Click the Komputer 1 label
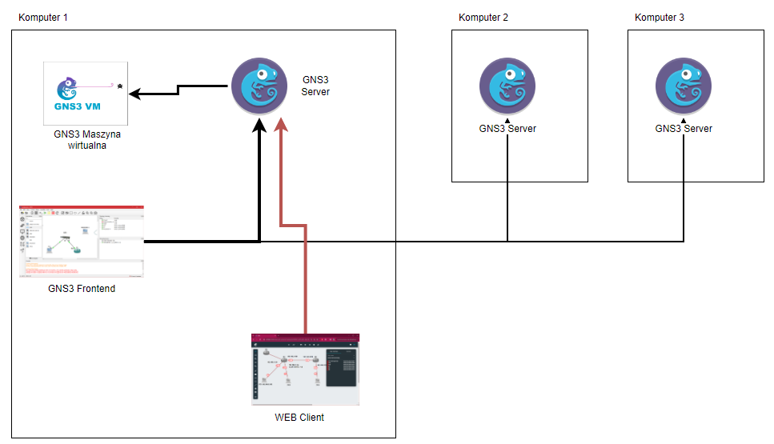pyautogui.click(x=42, y=17)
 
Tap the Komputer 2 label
pyautogui.click(x=483, y=17)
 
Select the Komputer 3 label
pyautogui.click(x=660, y=17)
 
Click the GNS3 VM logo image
pyautogui.click(x=86, y=93)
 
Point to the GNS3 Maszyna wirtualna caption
pyautogui.click(x=87, y=140)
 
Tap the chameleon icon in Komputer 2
pyautogui.click(x=507, y=86)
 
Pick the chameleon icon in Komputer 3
pyautogui.click(x=684, y=86)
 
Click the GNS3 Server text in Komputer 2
pyautogui.click(x=507, y=128)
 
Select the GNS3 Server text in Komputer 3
pyautogui.click(x=684, y=128)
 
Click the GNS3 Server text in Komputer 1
pyautogui.click(x=315, y=86)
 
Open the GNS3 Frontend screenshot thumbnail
pyautogui.click(x=82, y=242)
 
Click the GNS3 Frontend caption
pyautogui.click(x=82, y=289)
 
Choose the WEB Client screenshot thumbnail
pyautogui.click(x=305, y=370)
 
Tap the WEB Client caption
pyautogui.click(x=299, y=417)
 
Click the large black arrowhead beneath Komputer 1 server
pyautogui.click(x=259, y=126)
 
